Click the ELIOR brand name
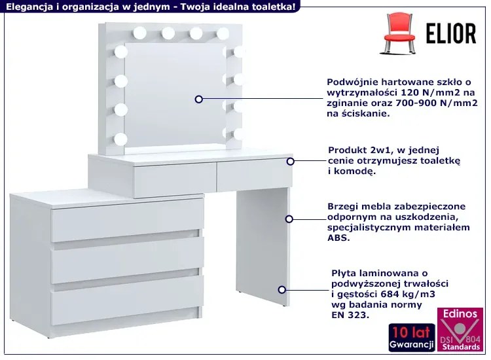451,33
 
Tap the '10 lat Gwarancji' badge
412,338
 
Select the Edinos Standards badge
460,330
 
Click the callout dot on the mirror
199,99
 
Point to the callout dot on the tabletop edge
290,161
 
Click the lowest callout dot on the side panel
282,290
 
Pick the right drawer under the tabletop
255,174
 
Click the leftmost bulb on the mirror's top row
139,33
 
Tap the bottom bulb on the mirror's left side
121,139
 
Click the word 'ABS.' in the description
339,238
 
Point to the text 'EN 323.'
350,315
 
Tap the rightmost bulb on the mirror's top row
223,34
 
